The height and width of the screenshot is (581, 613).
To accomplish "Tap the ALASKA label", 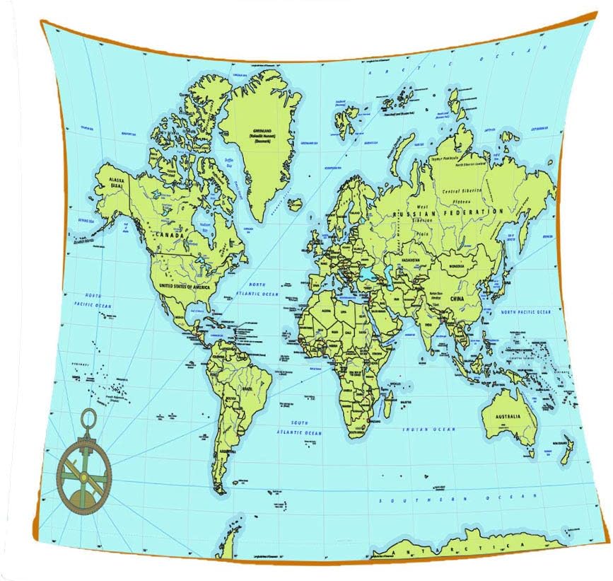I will pyautogui.click(x=116, y=180).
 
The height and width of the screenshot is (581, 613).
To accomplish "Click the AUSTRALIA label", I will pyautogui.click(x=509, y=416).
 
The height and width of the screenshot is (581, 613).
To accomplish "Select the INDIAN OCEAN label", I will pyautogui.click(x=429, y=430).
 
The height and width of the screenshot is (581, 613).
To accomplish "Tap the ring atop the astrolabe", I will pyautogui.click(x=90, y=416).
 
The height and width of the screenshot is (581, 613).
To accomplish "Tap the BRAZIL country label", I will pyautogui.click(x=248, y=389).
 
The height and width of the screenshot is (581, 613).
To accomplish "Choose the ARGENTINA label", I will pyautogui.click(x=227, y=451).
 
